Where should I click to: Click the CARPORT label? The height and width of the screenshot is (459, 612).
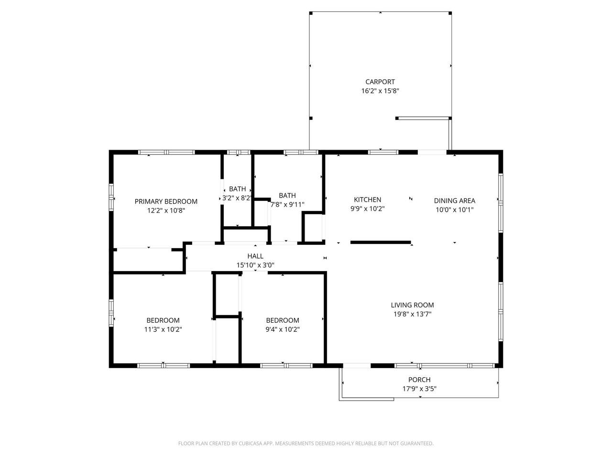pyautogui.click(x=380, y=82)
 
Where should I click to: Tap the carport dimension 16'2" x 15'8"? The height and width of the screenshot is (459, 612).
pyautogui.click(x=380, y=91)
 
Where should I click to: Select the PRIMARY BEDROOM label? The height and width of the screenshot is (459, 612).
pyautogui.click(x=166, y=201)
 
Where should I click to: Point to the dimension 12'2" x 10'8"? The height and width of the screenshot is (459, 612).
pyautogui.click(x=166, y=210)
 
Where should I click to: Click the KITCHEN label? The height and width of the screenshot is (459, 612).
pyautogui.click(x=367, y=199)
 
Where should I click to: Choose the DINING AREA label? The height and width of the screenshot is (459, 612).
pyautogui.click(x=454, y=201)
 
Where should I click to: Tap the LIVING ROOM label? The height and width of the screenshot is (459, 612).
pyautogui.click(x=412, y=305)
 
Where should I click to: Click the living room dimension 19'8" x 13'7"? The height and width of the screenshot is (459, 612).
pyautogui.click(x=412, y=314)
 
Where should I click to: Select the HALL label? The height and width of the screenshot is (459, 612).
pyautogui.click(x=255, y=256)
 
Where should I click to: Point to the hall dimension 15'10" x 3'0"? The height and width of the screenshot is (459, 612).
pyautogui.click(x=255, y=265)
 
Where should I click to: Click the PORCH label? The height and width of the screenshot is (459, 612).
pyautogui.click(x=419, y=380)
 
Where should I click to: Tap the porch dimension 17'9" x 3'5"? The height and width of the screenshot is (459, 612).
pyautogui.click(x=419, y=389)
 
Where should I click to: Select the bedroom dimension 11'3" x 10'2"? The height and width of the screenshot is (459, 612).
pyautogui.click(x=163, y=329)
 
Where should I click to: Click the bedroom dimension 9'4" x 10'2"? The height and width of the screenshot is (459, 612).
pyautogui.click(x=283, y=329)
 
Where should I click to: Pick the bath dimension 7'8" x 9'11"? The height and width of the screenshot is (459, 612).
pyautogui.click(x=287, y=204)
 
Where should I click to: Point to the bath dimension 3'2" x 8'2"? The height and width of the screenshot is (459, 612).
pyautogui.click(x=238, y=197)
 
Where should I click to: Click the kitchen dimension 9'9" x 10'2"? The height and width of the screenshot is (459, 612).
pyautogui.click(x=367, y=208)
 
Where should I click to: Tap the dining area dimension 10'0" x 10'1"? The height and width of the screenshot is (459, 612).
pyautogui.click(x=454, y=209)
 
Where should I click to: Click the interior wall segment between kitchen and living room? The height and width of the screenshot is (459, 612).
pyautogui.click(x=381, y=242)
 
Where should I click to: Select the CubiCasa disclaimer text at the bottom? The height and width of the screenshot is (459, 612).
pyautogui.click(x=306, y=444)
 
